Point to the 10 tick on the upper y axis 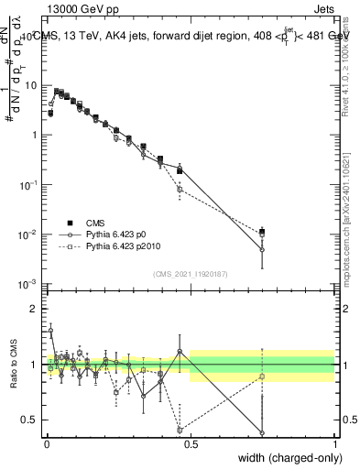[33, 85]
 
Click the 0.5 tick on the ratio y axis [32, 420]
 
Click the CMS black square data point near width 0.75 [262, 232]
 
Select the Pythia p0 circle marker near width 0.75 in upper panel [262, 249]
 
